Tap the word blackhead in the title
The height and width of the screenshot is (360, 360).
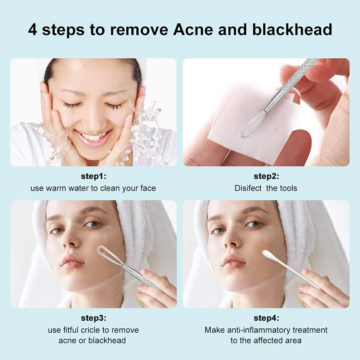292,30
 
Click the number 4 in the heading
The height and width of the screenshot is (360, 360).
32,30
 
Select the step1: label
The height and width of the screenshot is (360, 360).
93,176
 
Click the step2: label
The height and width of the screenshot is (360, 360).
266,176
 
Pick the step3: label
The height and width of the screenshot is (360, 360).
93,318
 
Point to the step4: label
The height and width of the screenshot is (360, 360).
266,318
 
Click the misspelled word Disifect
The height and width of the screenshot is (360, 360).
248,188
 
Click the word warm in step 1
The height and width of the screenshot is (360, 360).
57,188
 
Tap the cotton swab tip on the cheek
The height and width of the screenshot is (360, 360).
267,254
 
